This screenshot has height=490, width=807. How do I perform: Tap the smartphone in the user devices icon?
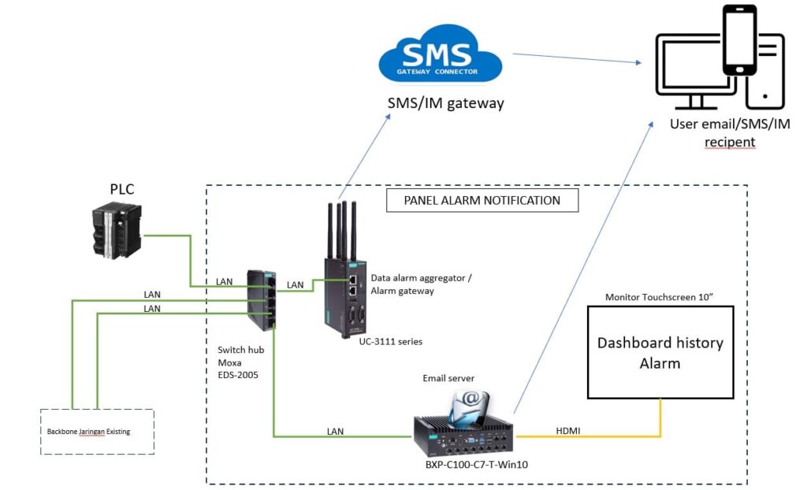739,41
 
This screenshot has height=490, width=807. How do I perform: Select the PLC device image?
117,229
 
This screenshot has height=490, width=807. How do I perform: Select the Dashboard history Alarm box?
660,351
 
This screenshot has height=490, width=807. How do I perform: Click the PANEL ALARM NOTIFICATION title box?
482,200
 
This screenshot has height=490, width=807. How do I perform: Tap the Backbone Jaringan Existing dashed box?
97,431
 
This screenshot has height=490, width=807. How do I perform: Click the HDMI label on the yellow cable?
568,430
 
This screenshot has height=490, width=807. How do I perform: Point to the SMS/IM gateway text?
445,103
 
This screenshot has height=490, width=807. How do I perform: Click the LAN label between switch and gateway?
296,284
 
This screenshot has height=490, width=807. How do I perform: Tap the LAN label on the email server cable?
340,431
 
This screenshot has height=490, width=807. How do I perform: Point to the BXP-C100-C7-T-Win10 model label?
470,465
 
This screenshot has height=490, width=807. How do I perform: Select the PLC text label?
123,190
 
